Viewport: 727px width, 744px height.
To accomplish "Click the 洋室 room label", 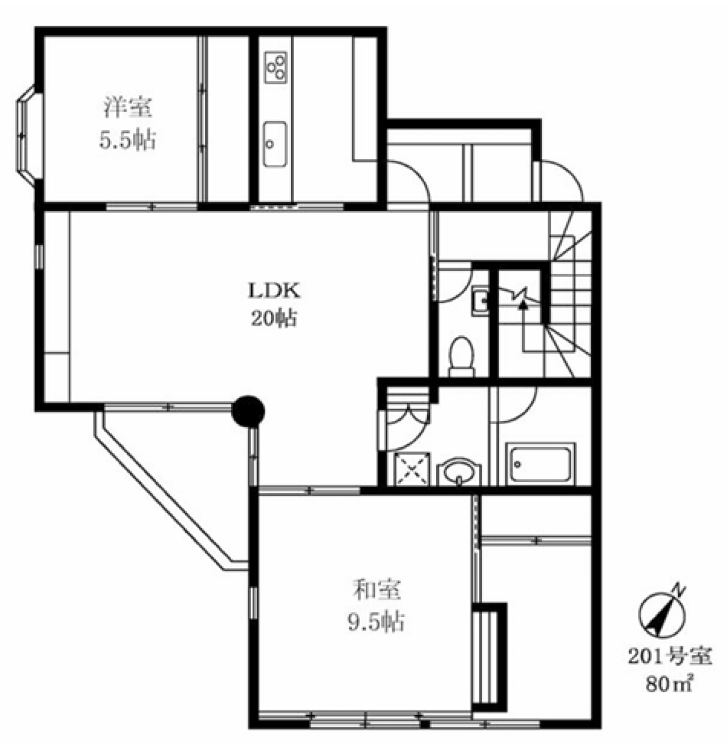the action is pos(128,108).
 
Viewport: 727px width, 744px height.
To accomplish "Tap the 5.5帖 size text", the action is pos(128,140).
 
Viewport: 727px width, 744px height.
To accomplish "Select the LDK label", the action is pos(274,291).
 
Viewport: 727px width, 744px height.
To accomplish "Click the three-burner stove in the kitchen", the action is pos(275,67).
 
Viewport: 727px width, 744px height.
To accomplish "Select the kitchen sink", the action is pos(275,144).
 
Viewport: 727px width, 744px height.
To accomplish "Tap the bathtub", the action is pos(540,465).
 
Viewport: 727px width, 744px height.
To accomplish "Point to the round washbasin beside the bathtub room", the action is pos(459,472).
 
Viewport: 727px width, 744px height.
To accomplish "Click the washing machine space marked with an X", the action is pos(412,470).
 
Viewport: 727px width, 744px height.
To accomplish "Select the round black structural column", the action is pos(248,411).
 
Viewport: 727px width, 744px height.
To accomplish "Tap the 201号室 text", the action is pos(670,657).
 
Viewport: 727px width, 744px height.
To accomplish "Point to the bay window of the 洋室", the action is pos(26,136).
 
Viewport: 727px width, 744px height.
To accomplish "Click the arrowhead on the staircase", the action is pos(523,304).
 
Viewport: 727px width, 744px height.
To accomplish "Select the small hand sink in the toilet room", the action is pos(481,300).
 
